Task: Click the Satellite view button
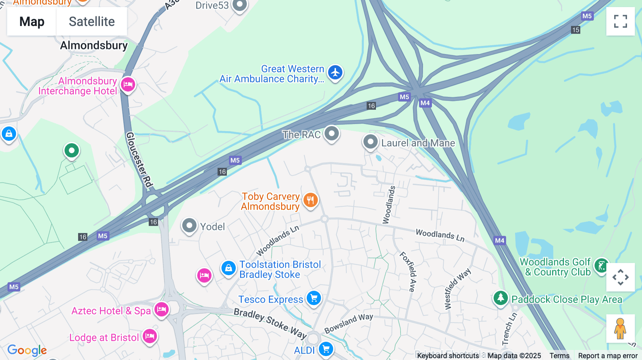92,21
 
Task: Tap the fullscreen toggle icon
620,21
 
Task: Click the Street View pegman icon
620,329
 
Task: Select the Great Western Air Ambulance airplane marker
335,72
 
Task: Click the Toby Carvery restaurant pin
310,200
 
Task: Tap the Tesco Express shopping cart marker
314,298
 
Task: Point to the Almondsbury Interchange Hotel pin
128,85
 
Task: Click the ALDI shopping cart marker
326,349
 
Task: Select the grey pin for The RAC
332,134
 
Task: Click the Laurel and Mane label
418,143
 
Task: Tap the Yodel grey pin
189,226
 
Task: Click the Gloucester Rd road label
139,159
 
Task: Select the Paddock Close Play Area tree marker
500,298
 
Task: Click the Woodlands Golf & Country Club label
555,267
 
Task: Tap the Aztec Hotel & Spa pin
162,309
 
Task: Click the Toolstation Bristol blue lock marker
228,268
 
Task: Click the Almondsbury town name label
94,45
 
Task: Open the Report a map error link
607,355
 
